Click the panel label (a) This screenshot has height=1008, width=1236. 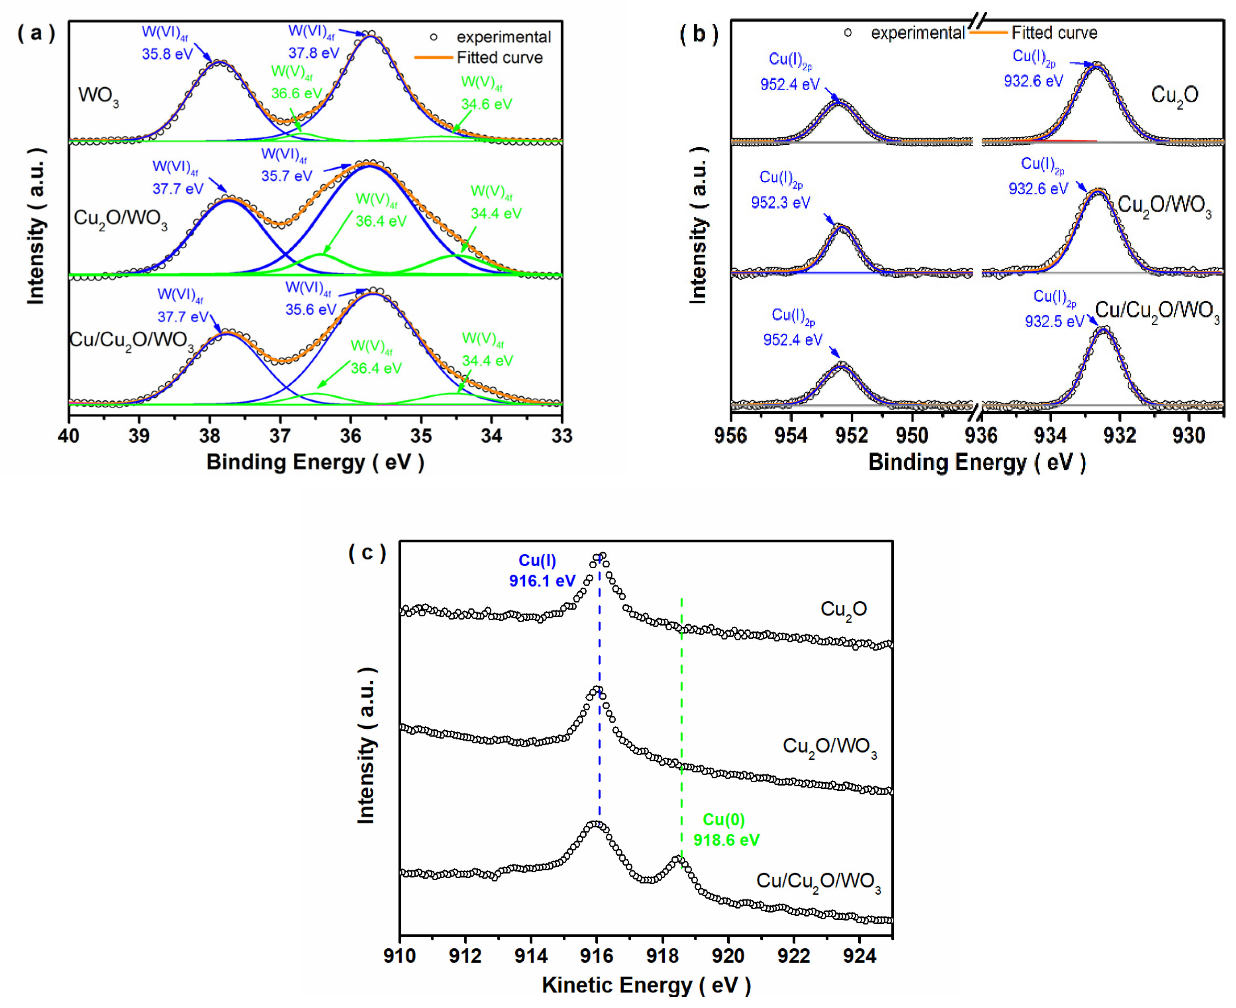pos(36,33)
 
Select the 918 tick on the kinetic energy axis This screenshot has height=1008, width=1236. pos(662,955)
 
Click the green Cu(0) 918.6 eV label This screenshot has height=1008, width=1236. pos(726,830)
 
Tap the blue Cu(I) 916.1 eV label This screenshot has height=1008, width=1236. pos(541,571)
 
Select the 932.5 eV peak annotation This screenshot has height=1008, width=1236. pos(1054,321)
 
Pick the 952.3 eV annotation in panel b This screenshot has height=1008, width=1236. pos(780,202)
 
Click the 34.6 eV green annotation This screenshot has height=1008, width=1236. pos(486,104)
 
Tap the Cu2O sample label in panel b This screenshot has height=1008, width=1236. pos(1174,95)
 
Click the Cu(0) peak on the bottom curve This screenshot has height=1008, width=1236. pos(677,859)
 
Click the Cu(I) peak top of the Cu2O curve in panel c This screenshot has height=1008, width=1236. pos(601,556)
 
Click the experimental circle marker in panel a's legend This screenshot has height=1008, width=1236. pos(433,37)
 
